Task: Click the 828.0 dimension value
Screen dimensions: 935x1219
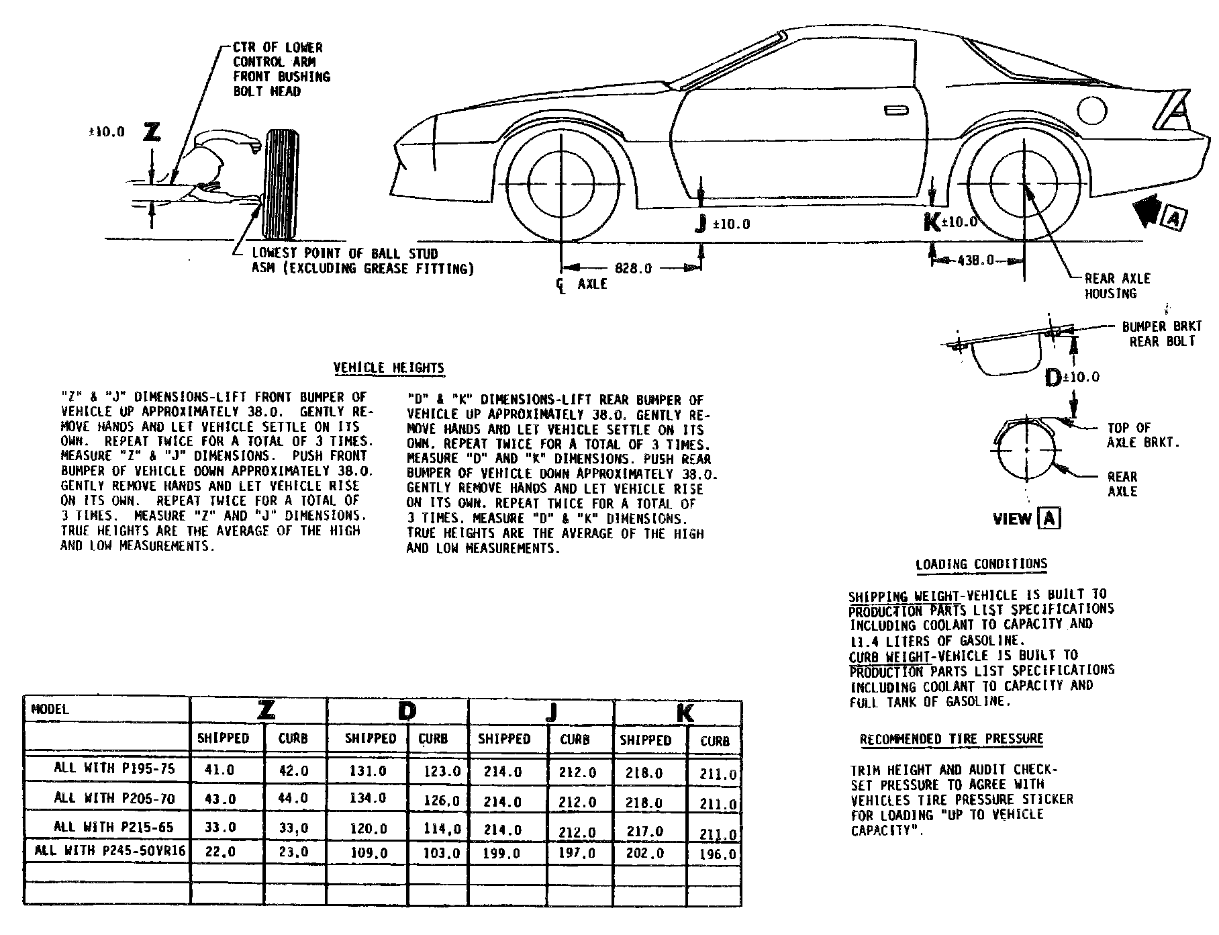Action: click(633, 269)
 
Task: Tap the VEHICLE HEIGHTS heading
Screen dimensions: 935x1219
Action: click(389, 368)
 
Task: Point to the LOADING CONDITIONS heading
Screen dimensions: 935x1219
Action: click(981, 564)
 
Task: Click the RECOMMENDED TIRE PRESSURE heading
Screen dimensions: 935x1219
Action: click(951, 740)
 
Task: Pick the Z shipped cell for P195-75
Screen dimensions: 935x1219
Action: click(220, 770)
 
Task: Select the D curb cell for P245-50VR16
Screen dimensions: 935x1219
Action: click(442, 854)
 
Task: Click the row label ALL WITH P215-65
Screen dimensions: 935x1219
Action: click(114, 827)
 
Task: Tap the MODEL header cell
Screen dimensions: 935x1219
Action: click(50, 709)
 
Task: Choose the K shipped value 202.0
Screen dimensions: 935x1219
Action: click(644, 853)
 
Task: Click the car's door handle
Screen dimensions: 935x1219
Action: click(895, 109)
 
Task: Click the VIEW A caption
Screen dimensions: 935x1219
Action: click(1026, 519)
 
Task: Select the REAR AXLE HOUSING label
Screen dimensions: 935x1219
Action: click(1117, 285)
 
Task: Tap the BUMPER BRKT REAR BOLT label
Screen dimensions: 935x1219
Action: click(1162, 334)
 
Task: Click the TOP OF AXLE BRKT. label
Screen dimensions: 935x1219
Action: click(1142, 435)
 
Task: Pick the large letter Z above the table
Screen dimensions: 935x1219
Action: click(152, 132)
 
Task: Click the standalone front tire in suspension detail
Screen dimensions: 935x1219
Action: click(281, 184)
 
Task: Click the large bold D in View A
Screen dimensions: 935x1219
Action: click(1054, 378)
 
